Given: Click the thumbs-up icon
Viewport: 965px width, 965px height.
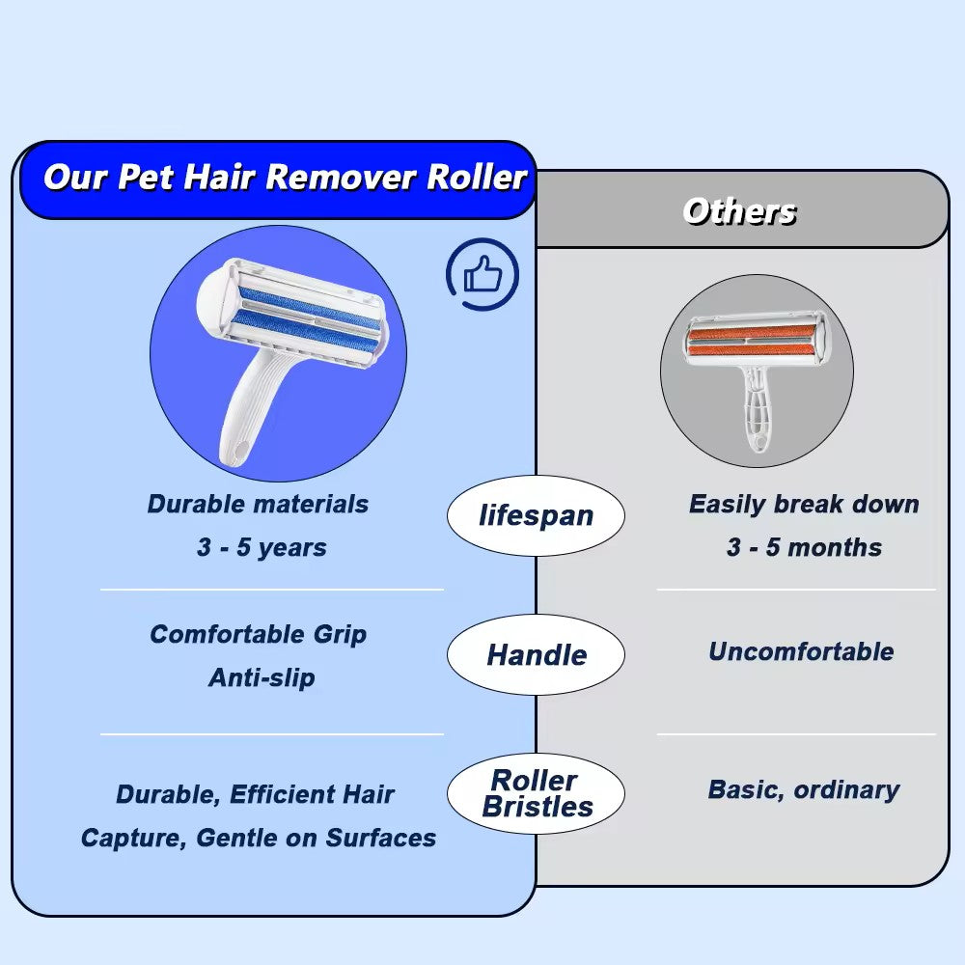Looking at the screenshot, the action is click(483, 274).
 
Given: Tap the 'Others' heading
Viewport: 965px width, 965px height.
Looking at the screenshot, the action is click(740, 211).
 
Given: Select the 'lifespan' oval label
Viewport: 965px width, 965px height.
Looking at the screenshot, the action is click(536, 515).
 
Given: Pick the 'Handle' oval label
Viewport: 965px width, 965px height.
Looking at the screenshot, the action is click(536, 655).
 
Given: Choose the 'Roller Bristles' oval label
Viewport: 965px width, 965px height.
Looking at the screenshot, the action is click(536, 794).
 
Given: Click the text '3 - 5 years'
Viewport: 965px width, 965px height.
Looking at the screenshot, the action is click(262, 547).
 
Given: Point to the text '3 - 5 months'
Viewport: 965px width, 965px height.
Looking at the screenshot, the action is click(804, 547).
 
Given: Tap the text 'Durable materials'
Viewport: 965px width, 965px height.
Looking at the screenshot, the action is click(258, 504).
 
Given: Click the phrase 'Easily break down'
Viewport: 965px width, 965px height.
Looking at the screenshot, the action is click(804, 504).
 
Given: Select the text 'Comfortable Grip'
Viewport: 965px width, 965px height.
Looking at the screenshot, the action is click(258, 635).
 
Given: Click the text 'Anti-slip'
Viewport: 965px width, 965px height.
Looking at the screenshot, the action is click(262, 677).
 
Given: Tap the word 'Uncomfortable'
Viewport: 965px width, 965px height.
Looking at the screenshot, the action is click(801, 651).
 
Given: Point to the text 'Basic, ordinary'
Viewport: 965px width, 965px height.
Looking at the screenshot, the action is click(804, 790).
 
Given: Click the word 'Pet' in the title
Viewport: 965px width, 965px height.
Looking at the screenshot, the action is click(146, 178).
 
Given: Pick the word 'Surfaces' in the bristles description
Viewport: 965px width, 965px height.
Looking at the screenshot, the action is click(380, 839).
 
